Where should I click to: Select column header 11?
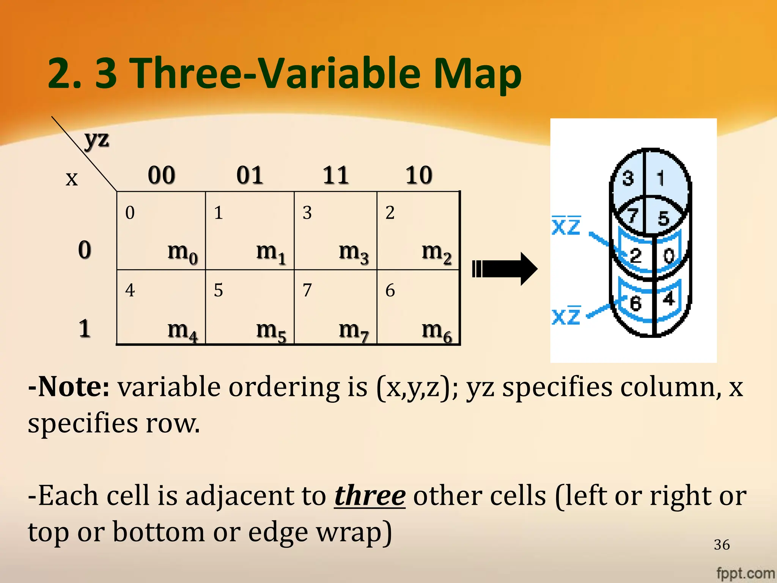point(335,175)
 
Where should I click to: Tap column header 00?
point(161,175)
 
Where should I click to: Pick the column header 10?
point(418,175)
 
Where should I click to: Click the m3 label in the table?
point(353,252)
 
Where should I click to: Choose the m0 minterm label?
point(182,252)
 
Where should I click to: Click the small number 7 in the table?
point(307,290)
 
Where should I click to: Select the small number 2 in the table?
point(390,213)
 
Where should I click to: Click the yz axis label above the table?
point(97,139)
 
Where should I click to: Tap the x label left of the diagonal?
point(72,178)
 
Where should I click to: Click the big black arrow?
point(505,269)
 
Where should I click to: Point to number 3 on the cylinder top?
point(628,178)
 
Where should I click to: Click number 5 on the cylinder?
point(663,218)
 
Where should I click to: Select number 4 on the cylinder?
point(668,299)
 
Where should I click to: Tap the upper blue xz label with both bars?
point(566,227)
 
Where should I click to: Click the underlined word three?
point(370,496)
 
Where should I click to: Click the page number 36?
point(722,545)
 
